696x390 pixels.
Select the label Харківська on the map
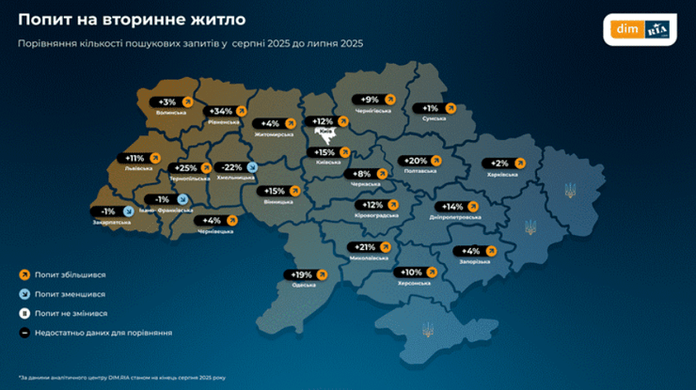[x=503, y=174]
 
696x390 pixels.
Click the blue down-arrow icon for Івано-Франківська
[x=182, y=199]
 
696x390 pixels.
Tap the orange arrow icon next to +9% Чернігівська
[x=398, y=100]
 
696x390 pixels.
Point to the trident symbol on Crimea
[x=430, y=329]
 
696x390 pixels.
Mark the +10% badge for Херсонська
[x=410, y=272]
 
